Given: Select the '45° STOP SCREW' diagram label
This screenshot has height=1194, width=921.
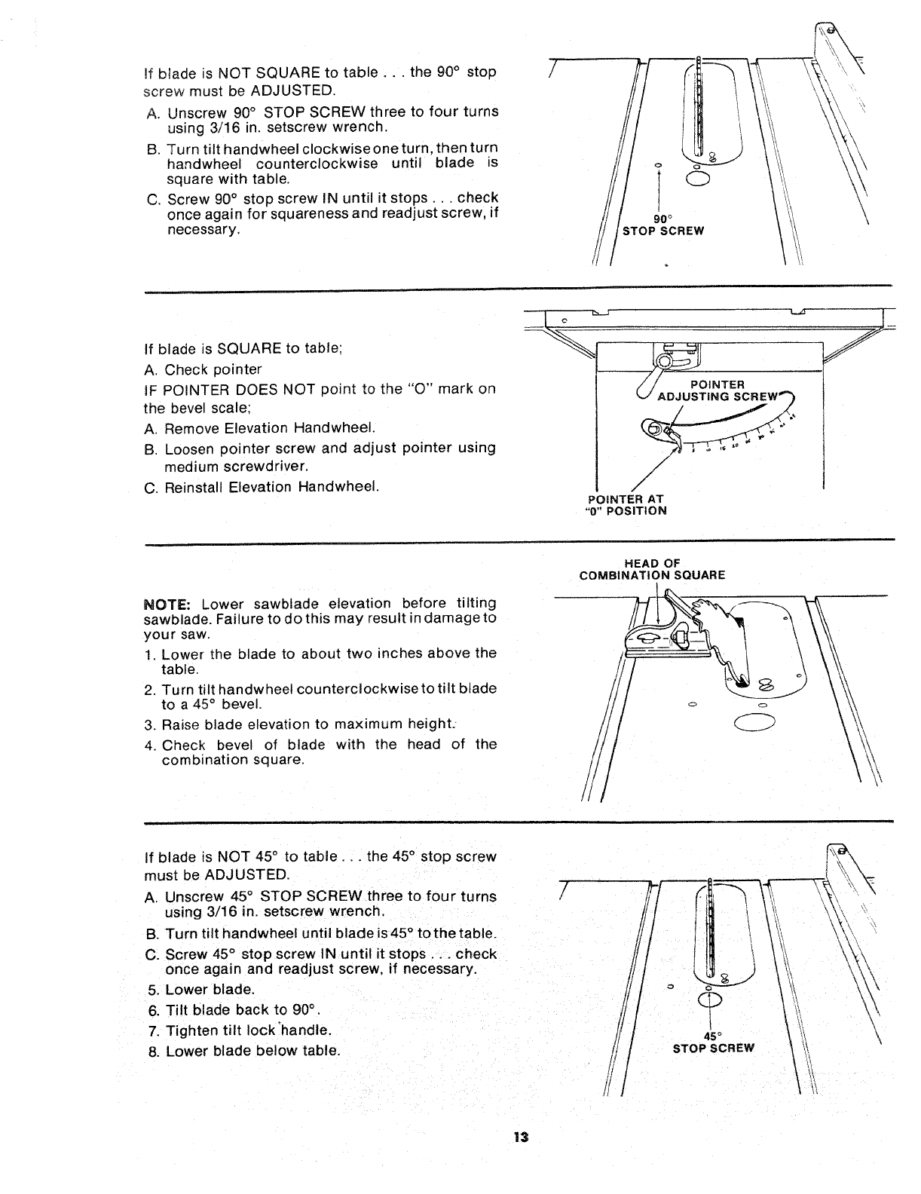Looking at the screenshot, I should [713, 1041].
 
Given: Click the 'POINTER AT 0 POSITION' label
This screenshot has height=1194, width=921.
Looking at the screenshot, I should [626, 504].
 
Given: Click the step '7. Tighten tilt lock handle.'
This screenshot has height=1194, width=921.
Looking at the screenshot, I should [240, 1030].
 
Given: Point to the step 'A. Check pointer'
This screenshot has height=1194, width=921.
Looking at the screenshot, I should [203, 369].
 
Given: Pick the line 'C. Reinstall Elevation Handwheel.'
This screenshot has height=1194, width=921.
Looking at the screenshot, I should [260, 487].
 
